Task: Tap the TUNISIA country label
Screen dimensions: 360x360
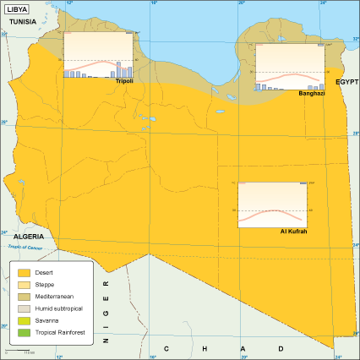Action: click(23, 21)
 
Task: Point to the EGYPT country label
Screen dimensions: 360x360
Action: click(346, 81)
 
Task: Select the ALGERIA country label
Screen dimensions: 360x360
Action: click(28, 237)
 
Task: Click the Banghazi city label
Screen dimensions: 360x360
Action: click(312, 93)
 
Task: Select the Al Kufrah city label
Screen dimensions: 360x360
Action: click(292, 231)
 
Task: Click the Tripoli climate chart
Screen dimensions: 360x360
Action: click(98, 55)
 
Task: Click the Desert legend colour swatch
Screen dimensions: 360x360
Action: click(23, 273)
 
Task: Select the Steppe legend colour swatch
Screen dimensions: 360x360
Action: click(23, 286)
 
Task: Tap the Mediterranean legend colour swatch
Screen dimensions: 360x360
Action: click(23, 297)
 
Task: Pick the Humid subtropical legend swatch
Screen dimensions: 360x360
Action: click(23, 310)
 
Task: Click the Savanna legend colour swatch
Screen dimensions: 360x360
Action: click(23, 322)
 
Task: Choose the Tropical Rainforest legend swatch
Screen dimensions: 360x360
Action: click(23, 335)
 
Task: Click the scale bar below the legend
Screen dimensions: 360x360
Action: click(25, 351)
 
